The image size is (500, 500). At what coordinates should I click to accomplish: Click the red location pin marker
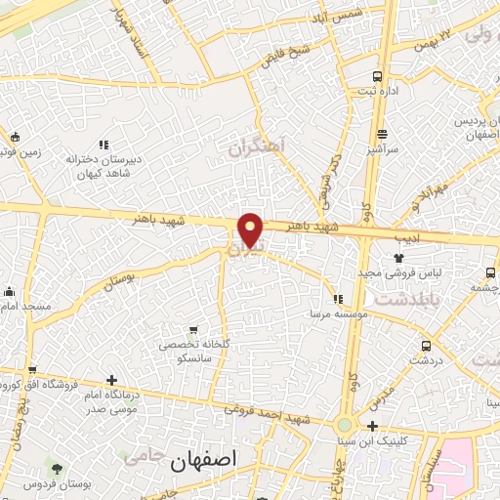[x=251, y=229]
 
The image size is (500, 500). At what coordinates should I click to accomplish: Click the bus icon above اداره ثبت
[x=379, y=77]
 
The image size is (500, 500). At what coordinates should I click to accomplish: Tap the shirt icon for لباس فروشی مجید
[x=398, y=258]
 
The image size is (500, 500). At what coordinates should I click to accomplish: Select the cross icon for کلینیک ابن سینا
[x=372, y=426]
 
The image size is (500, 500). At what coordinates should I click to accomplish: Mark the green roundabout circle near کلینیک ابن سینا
[x=344, y=426]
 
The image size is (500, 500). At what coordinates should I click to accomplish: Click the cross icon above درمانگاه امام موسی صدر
[x=112, y=380]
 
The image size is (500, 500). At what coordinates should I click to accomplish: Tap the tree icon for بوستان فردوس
[x=59, y=470]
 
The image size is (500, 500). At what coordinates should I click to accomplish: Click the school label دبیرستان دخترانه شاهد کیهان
[x=104, y=165]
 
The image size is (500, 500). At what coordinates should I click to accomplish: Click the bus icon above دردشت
[x=426, y=346]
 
